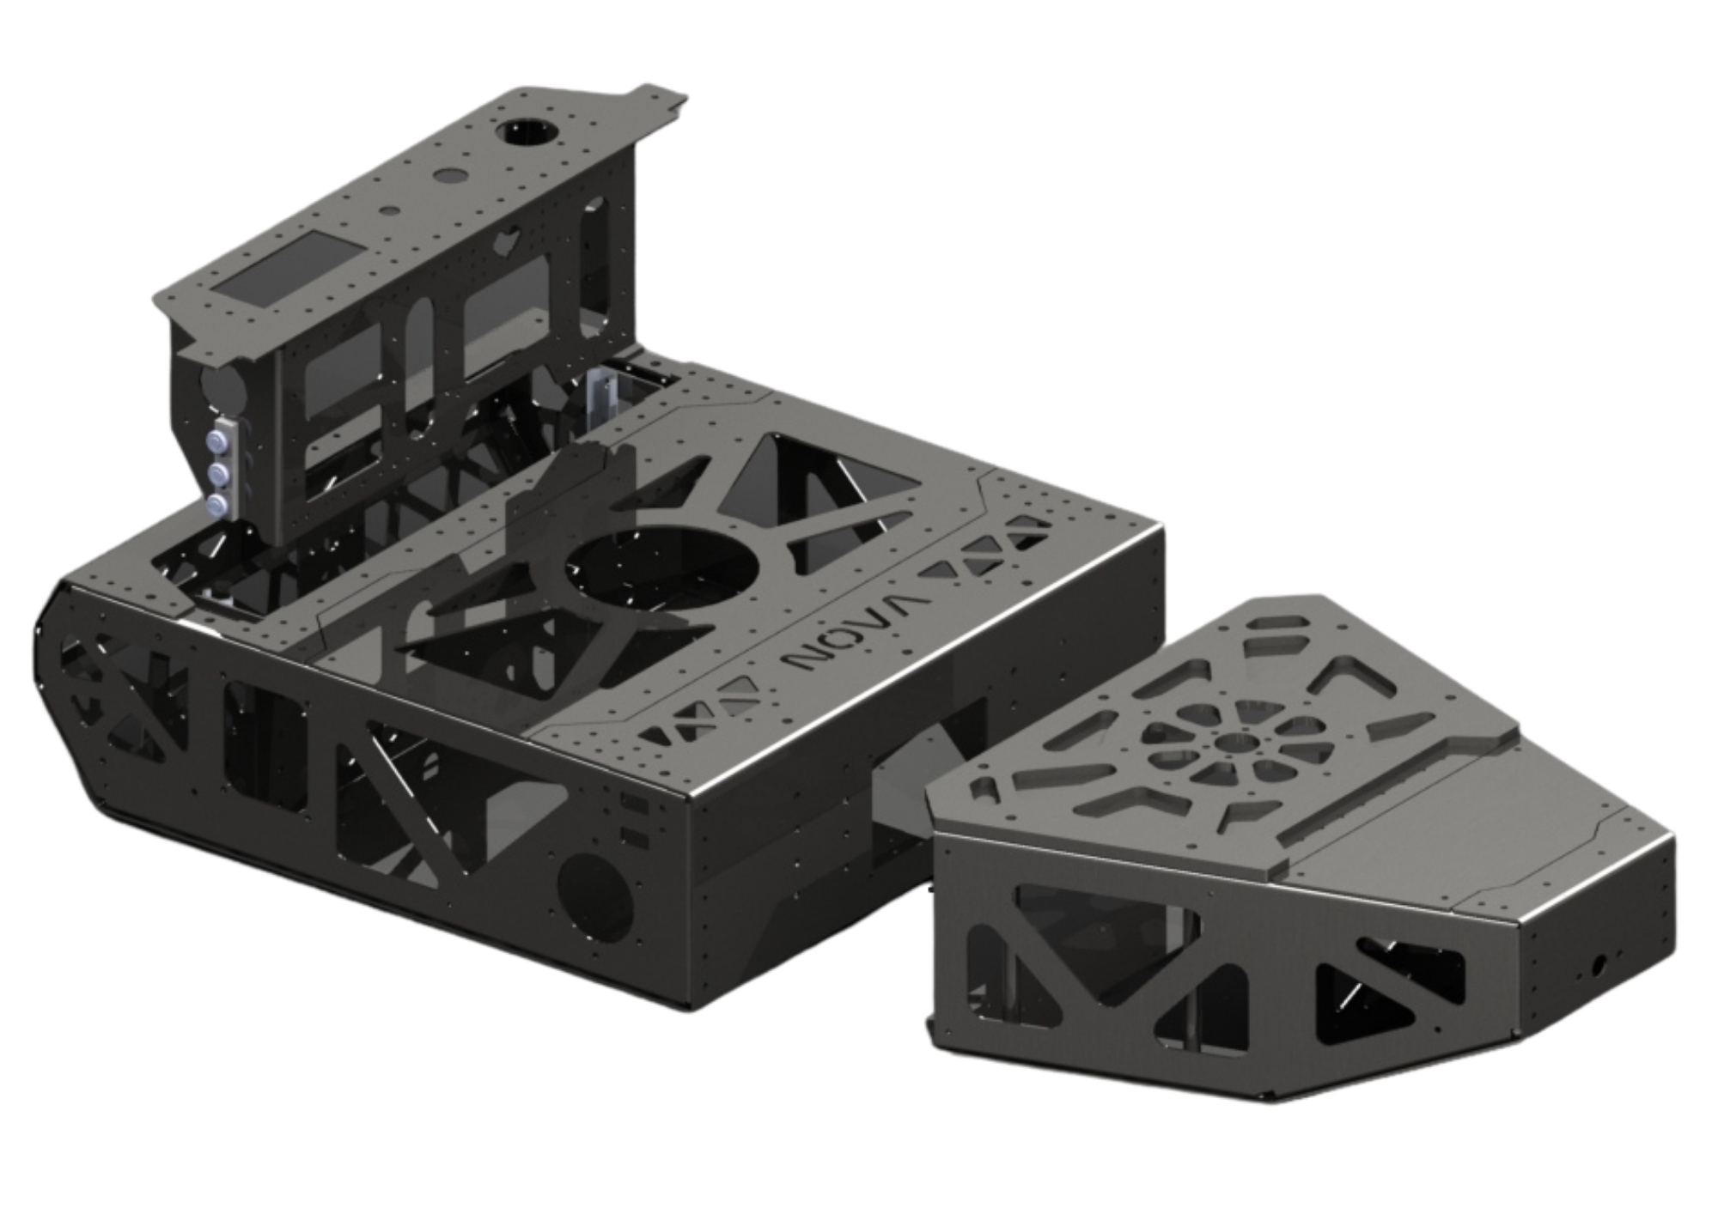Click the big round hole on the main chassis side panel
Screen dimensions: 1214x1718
tap(595, 896)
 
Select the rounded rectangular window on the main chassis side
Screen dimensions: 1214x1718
tap(265, 747)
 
